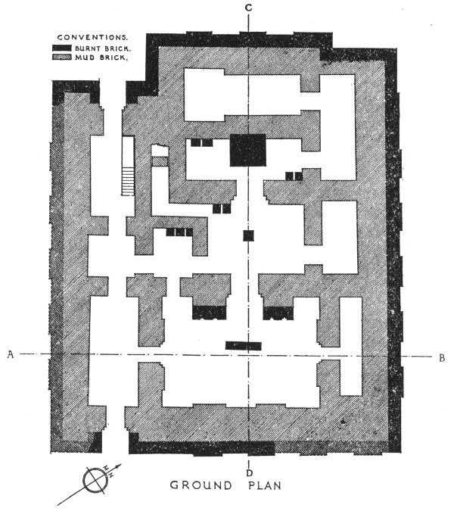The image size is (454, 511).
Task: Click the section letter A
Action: [x=11, y=354]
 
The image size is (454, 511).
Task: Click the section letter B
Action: [x=442, y=357]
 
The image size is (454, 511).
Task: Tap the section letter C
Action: [x=248, y=8]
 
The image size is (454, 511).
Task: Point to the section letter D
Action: [x=250, y=472]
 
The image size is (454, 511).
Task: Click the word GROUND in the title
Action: [x=201, y=485]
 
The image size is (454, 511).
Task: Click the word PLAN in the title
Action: [x=264, y=485]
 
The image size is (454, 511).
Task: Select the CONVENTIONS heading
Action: [x=92, y=38]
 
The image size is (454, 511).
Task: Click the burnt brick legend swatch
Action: [x=62, y=48]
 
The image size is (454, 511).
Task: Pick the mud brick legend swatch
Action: [x=62, y=57]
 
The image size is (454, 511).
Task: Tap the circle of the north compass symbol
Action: [x=95, y=480]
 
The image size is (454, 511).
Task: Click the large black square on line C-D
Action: [x=248, y=150]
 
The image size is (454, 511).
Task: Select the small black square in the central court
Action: [x=248, y=235]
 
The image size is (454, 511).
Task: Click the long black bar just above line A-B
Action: [x=244, y=346]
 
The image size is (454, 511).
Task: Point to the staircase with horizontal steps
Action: [x=128, y=181]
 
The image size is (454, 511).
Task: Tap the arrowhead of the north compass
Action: [x=119, y=466]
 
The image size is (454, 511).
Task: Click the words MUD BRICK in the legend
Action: [x=100, y=58]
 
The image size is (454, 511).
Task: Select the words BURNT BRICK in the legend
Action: [x=103, y=48]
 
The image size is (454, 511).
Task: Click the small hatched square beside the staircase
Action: [x=160, y=161]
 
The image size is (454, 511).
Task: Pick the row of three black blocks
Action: [x=179, y=232]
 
